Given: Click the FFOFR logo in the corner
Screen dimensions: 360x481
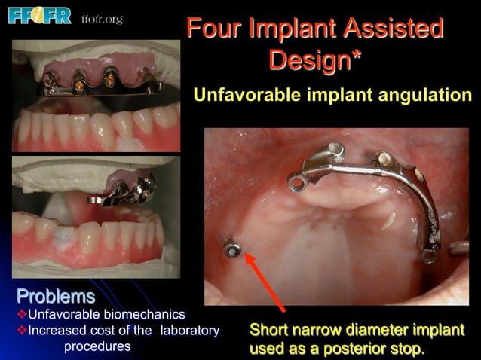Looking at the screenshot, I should tap(39, 15).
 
